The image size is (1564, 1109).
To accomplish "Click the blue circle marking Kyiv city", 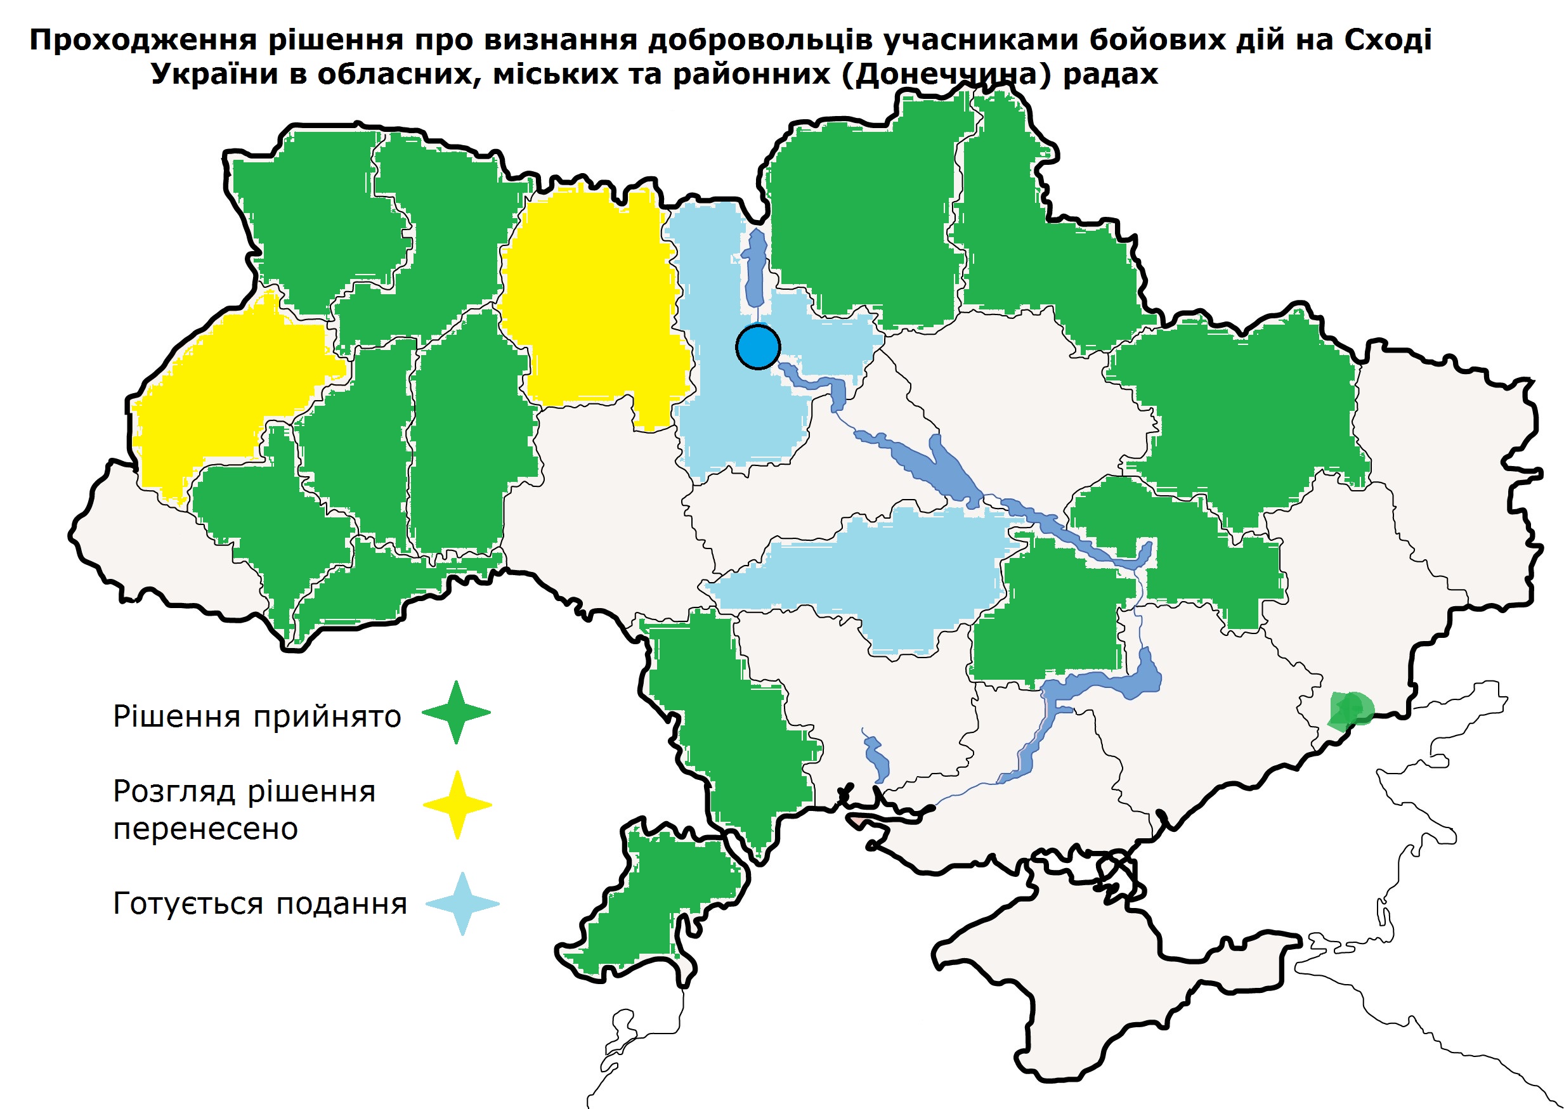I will tap(758, 347).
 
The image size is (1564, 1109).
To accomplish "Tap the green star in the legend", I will tap(456, 712).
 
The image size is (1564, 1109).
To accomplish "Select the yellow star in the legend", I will tap(457, 805).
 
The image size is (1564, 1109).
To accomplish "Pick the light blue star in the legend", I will tap(462, 904).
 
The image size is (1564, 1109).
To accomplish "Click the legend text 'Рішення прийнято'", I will tap(257, 717).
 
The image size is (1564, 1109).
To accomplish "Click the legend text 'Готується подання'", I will tap(259, 904).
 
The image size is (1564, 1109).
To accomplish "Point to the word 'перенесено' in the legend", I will tap(205, 829).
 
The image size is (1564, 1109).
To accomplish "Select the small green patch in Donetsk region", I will tap(1350, 710).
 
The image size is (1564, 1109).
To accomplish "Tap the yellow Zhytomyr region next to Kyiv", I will tap(594, 301).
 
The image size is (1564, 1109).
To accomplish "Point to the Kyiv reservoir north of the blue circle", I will tap(755, 269).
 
